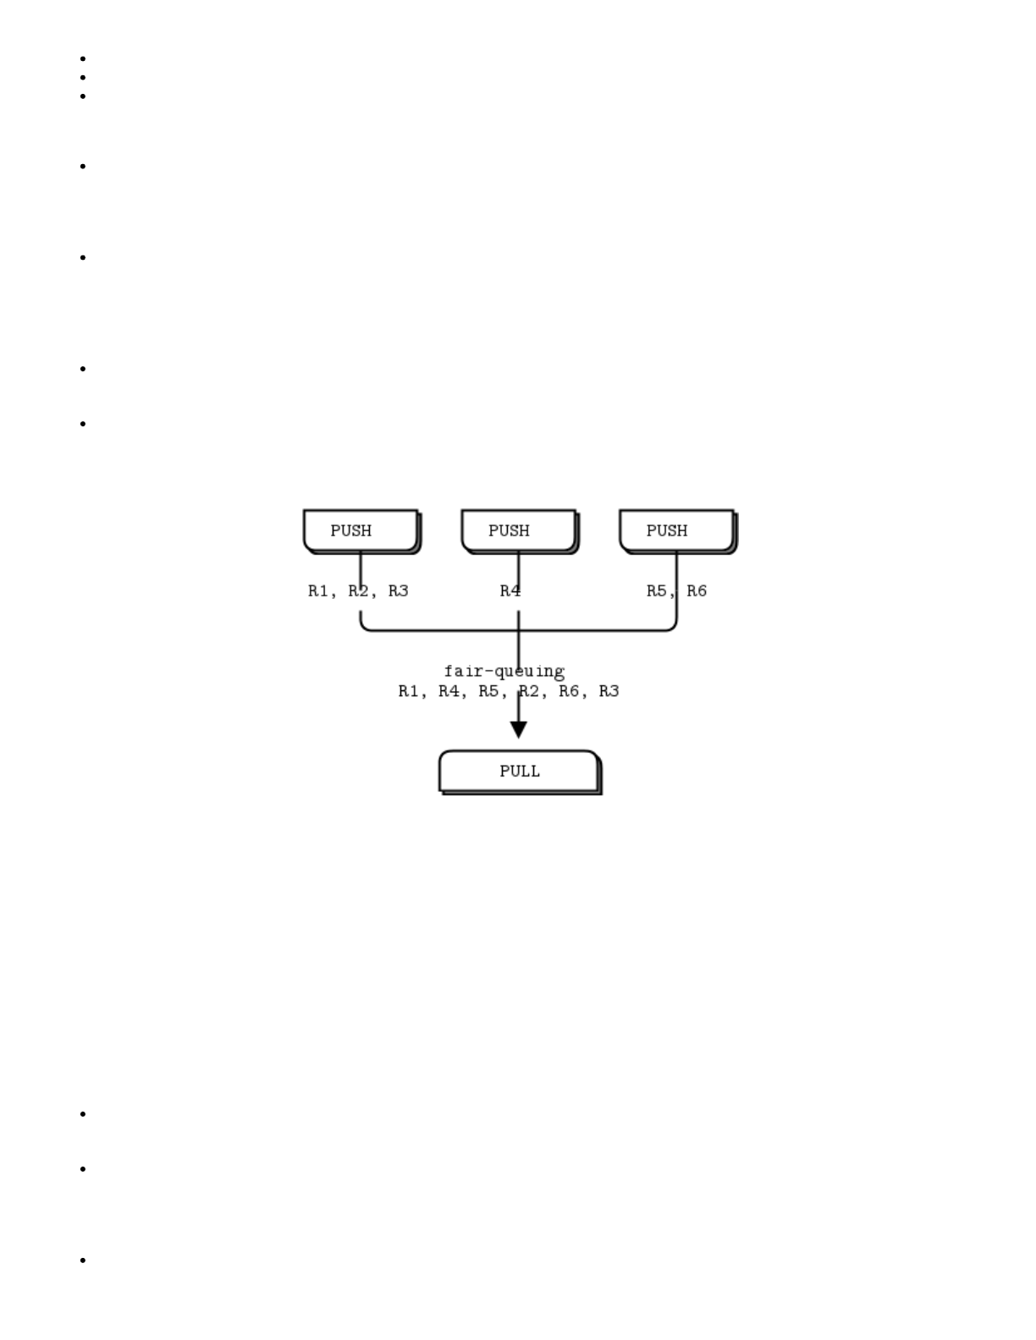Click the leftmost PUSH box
(x=361, y=530)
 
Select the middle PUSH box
(x=519, y=530)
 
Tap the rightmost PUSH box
(x=676, y=530)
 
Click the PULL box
(x=519, y=771)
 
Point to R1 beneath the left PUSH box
(x=318, y=590)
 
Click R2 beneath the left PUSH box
(x=359, y=590)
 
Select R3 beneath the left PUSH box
(x=399, y=590)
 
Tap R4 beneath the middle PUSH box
(x=510, y=590)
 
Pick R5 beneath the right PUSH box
(x=657, y=590)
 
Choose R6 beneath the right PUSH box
(x=697, y=590)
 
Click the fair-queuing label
(x=504, y=671)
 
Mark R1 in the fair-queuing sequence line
(x=409, y=691)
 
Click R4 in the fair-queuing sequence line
(x=449, y=691)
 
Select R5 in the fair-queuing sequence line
(x=488, y=691)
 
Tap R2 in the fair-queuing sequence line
(x=529, y=691)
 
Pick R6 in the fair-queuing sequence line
(x=569, y=691)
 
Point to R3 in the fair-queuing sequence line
(x=609, y=691)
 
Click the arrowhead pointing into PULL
(x=519, y=729)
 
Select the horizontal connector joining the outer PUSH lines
(x=440, y=630)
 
